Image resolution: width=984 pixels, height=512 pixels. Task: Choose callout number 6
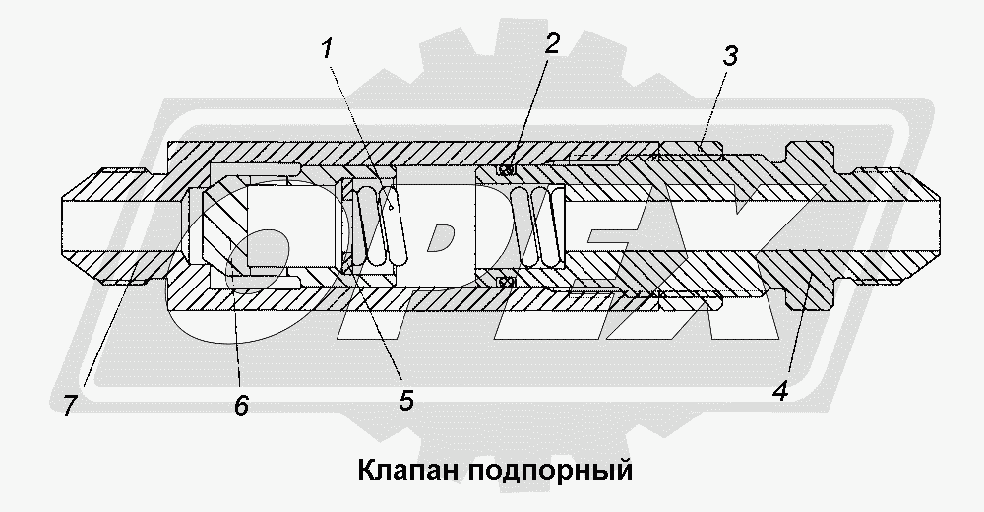242,403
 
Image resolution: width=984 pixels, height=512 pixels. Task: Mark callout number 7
68,405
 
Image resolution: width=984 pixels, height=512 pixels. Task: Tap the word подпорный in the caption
543,469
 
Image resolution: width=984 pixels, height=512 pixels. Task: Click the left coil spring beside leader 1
378,224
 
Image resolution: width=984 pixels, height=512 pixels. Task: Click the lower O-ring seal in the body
506,283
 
